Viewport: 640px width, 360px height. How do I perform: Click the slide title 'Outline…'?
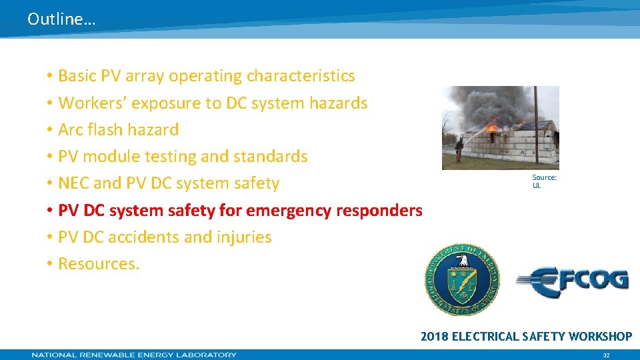(x=61, y=19)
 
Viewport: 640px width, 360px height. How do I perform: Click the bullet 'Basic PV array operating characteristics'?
(x=206, y=76)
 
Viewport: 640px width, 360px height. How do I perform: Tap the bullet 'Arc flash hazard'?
(x=118, y=130)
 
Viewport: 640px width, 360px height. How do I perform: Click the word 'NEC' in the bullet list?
(x=74, y=183)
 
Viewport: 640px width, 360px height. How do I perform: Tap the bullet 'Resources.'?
(x=99, y=264)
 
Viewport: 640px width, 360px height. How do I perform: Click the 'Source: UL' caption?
(x=544, y=181)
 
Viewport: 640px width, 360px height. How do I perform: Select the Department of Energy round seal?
(x=462, y=279)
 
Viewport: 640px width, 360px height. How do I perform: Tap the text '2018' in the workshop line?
(x=435, y=337)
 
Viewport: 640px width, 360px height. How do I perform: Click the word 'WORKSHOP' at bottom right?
(x=600, y=337)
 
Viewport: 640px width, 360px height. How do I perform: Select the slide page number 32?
(x=606, y=355)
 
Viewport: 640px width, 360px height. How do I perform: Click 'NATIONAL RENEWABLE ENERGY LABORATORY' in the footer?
(x=134, y=355)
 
